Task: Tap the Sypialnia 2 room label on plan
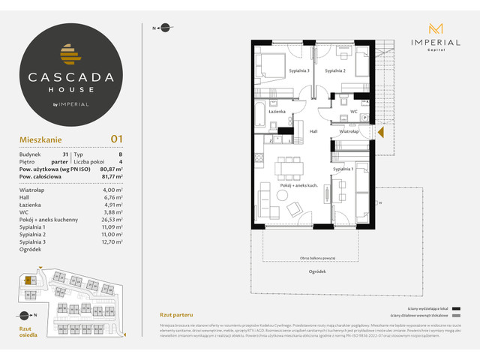pos(334,70)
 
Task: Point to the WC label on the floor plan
pos(352,112)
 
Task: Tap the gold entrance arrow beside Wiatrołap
pos(380,133)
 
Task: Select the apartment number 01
pos(116,138)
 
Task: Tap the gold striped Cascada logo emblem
pos(69,55)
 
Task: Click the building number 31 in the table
pos(66,154)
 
